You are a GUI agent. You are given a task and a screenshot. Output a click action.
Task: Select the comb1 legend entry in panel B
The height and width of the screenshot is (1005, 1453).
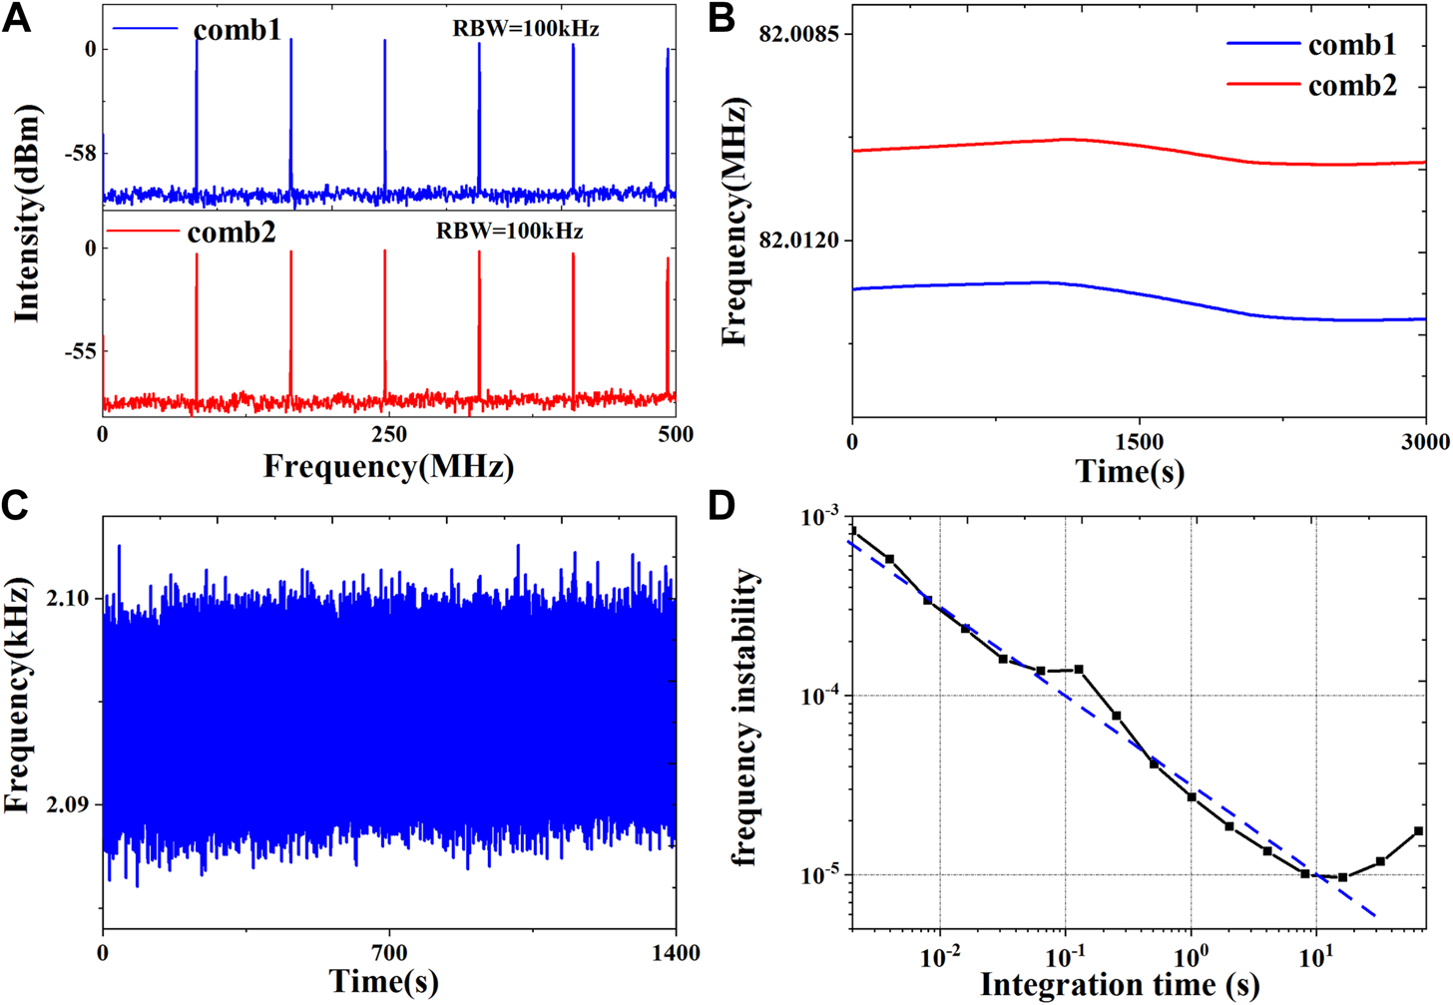tap(1352, 45)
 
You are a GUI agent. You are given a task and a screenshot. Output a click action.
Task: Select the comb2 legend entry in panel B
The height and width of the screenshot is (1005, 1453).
tap(1352, 86)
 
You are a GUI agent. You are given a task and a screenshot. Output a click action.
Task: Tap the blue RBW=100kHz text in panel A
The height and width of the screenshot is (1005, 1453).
tap(526, 29)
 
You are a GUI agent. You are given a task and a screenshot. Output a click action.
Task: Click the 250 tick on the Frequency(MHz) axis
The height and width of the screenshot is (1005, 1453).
tap(389, 434)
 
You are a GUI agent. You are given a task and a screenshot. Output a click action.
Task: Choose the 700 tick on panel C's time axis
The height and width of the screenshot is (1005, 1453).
tap(389, 953)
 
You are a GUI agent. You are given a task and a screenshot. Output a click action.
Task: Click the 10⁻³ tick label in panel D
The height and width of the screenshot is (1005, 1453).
tap(820, 518)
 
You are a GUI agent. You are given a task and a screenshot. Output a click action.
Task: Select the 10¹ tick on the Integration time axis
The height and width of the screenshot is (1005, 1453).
tap(1316, 957)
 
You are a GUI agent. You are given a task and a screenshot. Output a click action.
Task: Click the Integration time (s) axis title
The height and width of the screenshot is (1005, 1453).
tap(1120, 985)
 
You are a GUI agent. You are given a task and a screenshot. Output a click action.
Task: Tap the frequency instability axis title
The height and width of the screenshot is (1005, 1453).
tap(747, 719)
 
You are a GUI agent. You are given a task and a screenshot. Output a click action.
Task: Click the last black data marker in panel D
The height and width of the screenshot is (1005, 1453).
tap(1418, 831)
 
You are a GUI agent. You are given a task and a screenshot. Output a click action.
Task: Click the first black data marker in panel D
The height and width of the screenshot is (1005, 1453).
tap(852, 531)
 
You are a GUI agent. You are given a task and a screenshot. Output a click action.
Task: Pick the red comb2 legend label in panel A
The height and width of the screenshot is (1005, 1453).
tap(231, 233)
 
